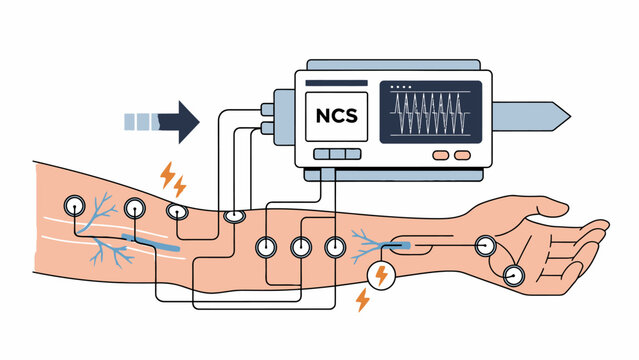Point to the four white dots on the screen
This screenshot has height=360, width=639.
click(x=404, y=88)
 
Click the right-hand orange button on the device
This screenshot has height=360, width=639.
click(x=462, y=156)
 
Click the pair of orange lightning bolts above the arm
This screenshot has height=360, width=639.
click(x=173, y=180)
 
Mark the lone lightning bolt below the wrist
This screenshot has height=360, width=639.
click(x=363, y=300)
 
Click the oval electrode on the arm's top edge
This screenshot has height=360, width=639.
click(x=234, y=215)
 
